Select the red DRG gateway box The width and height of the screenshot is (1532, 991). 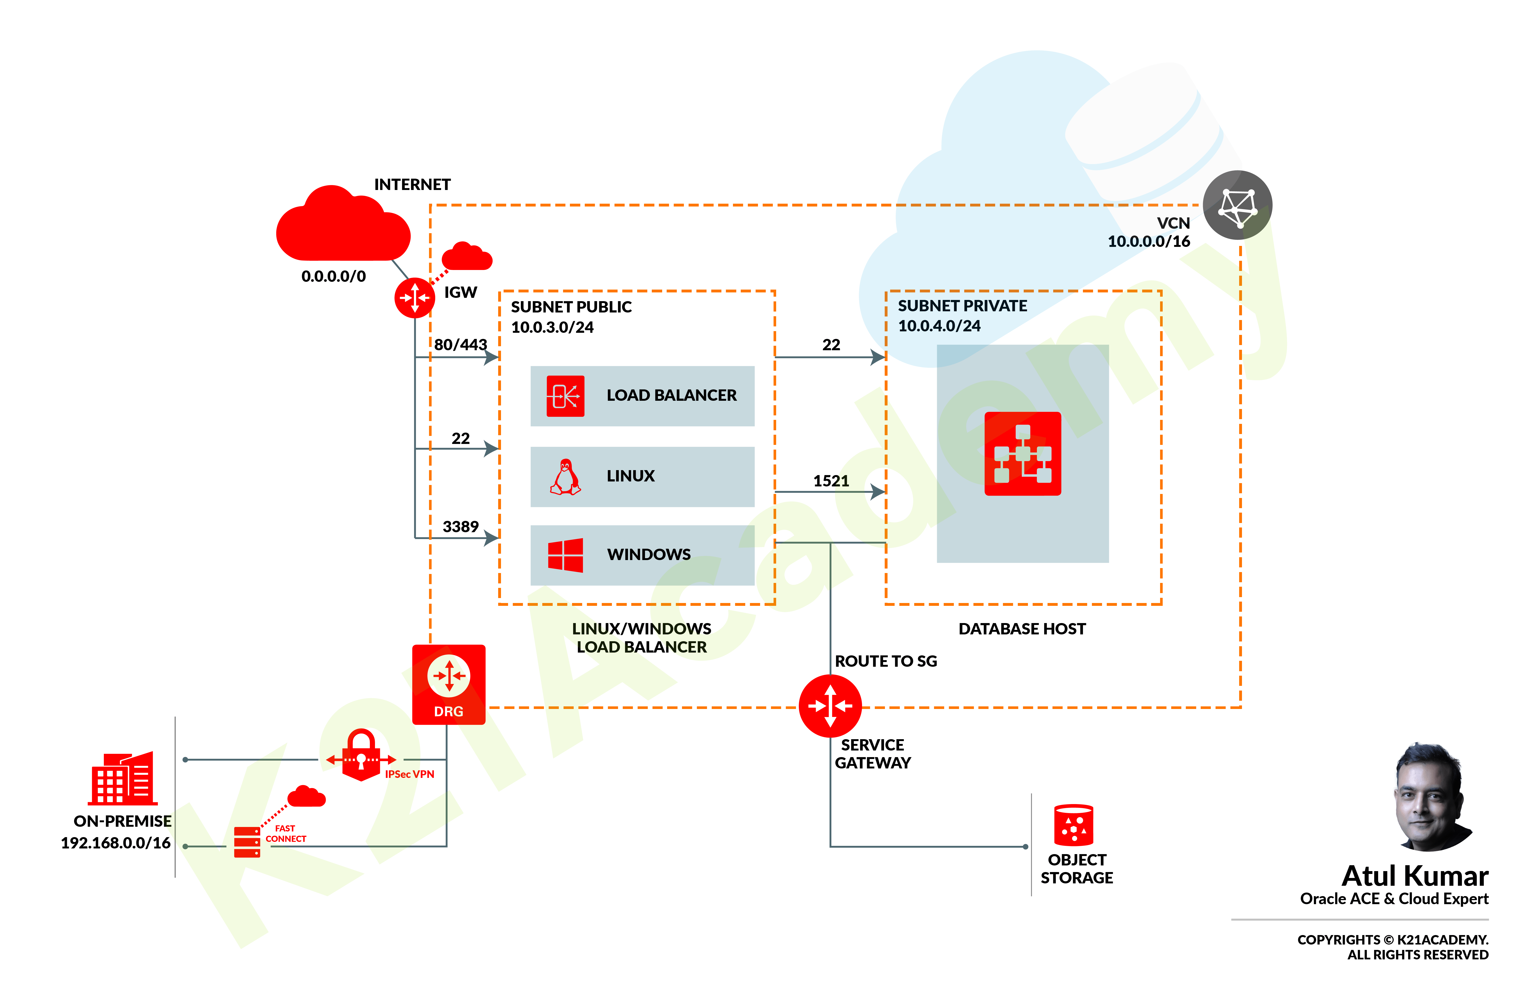click(x=448, y=684)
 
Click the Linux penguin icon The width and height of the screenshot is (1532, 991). click(x=565, y=476)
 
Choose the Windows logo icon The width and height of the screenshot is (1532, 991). click(x=565, y=555)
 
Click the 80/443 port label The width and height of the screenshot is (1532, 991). click(x=460, y=345)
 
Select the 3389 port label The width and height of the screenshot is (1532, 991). click(x=460, y=526)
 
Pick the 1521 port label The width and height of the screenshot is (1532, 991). click(x=831, y=481)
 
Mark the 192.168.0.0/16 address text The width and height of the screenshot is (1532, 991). click(x=116, y=843)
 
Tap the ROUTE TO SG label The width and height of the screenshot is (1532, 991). click(x=885, y=661)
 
